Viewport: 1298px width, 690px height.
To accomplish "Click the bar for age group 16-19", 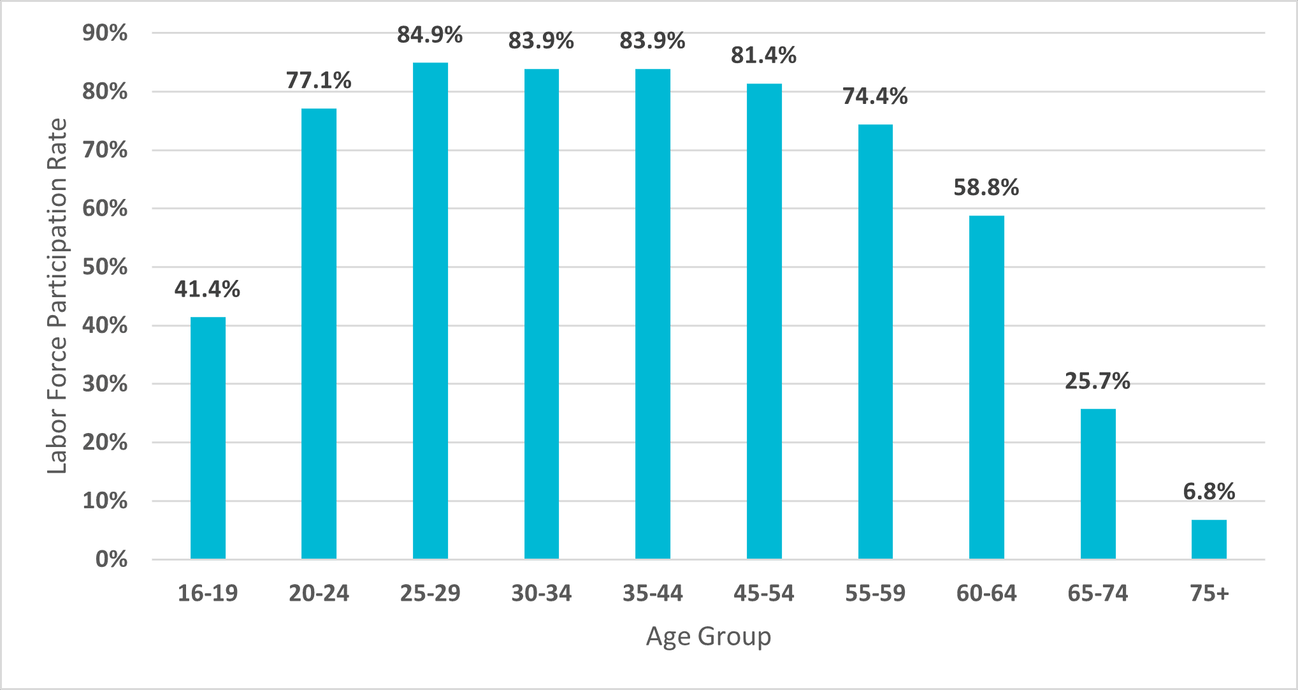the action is pyautogui.click(x=208, y=438).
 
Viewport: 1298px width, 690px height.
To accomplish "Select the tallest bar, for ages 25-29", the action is pyautogui.click(x=430, y=311).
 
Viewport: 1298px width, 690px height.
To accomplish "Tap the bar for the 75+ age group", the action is pyautogui.click(x=1209, y=540).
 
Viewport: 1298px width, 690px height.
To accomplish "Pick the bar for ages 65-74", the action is pyautogui.click(x=1098, y=484).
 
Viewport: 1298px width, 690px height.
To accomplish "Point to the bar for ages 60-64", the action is pyautogui.click(x=986, y=387).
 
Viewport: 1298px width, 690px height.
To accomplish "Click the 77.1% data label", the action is pyautogui.click(x=319, y=80).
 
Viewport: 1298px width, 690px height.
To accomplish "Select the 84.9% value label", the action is pyautogui.click(x=430, y=34).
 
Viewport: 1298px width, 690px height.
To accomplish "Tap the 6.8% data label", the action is pyautogui.click(x=1209, y=492).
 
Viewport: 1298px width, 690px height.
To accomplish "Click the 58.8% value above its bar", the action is pyautogui.click(x=986, y=187).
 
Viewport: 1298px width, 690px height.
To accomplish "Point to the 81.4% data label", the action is pyautogui.click(x=764, y=55).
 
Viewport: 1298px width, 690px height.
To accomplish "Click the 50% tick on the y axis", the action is pyautogui.click(x=105, y=267).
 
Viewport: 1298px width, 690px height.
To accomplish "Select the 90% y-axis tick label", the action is pyautogui.click(x=105, y=33).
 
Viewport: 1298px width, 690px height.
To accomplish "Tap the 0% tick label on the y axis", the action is pyautogui.click(x=112, y=559).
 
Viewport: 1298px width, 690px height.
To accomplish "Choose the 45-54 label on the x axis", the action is pyautogui.click(x=764, y=594).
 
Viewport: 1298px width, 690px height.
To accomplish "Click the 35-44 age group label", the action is pyautogui.click(x=653, y=594).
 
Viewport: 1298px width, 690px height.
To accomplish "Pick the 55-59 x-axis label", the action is pyautogui.click(x=876, y=594).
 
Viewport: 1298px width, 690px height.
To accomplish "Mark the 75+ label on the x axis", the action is pyautogui.click(x=1209, y=594).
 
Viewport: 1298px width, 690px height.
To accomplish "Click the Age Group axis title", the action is pyautogui.click(x=709, y=636).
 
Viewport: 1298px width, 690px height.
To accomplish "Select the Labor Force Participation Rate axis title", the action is pyautogui.click(x=57, y=296).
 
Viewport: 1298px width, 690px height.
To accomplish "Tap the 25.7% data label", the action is pyautogui.click(x=1098, y=381).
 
